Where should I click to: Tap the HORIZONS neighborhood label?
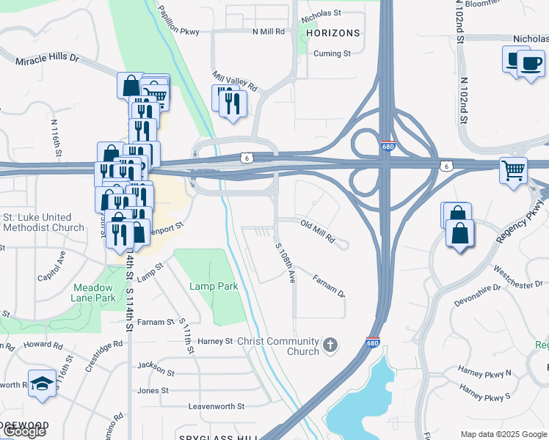pos(334,34)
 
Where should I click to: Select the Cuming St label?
pos(332,54)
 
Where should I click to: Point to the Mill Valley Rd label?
pos(235,81)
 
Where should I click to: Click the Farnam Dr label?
pos(328,285)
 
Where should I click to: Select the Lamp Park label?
pos(214,286)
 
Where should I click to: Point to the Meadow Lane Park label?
pos(94,293)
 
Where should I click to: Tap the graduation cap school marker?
pos(42,383)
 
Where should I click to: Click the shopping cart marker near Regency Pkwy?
pos(514,170)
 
